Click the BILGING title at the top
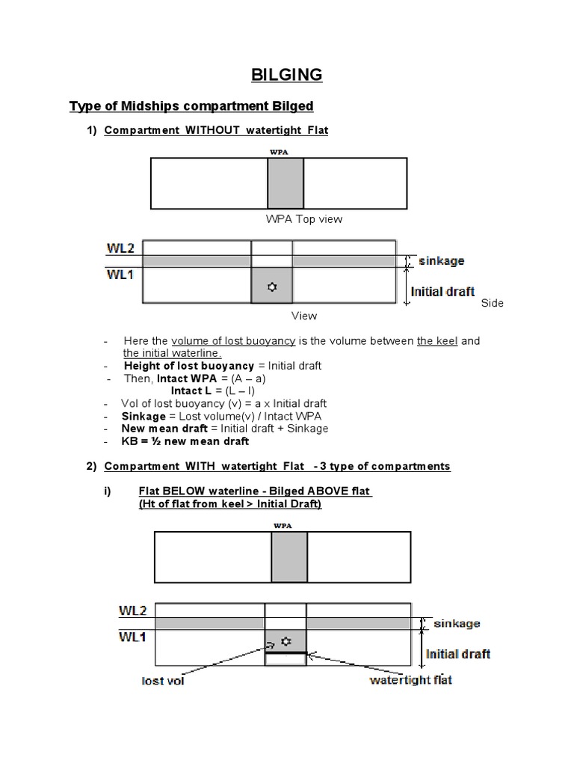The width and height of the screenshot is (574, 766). pyautogui.click(x=286, y=75)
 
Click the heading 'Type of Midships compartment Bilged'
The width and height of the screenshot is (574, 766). pyautogui.click(x=191, y=106)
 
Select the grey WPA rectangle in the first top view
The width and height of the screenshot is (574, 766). pyautogui.click(x=286, y=183)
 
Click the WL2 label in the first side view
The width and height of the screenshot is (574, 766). pyautogui.click(x=120, y=247)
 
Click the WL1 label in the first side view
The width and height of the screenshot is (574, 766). pyautogui.click(x=120, y=275)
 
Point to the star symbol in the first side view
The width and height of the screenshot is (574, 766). pyautogui.click(x=271, y=287)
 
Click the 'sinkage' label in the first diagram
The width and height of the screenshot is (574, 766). pyautogui.click(x=442, y=261)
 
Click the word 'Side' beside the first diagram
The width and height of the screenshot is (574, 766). pyautogui.click(x=492, y=303)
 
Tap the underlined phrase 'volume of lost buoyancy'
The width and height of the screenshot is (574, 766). pyautogui.click(x=233, y=341)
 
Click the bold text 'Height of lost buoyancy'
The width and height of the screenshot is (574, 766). pyautogui.click(x=189, y=365)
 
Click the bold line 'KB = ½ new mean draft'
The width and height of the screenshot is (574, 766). pyautogui.click(x=186, y=441)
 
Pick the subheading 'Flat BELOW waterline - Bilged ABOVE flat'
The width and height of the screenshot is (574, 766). pyautogui.click(x=255, y=491)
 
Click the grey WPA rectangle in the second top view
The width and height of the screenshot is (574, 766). pyautogui.click(x=288, y=557)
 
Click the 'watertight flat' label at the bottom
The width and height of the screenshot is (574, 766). pyautogui.click(x=411, y=680)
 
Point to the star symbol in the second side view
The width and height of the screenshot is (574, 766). pyautogui.click(x=286, y=641)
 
